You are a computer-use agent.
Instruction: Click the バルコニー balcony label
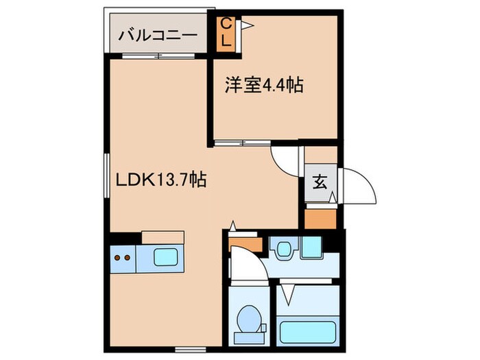[x=158, y=35]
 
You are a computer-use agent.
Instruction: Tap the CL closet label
[x=226, y=32]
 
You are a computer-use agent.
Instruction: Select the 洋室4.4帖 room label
[x=265, y=86]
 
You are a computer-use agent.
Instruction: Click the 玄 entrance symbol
[x=320, y=183]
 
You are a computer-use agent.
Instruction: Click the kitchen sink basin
[x=167, y=258]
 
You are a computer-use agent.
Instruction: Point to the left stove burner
[x=117, y=259]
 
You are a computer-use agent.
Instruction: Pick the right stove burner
[x=128, y=259]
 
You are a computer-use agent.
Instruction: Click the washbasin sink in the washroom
[x=283, y=248]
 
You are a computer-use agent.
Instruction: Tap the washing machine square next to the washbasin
[x=312, y=246]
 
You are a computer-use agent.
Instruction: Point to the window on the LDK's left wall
[x=108, y=177]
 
